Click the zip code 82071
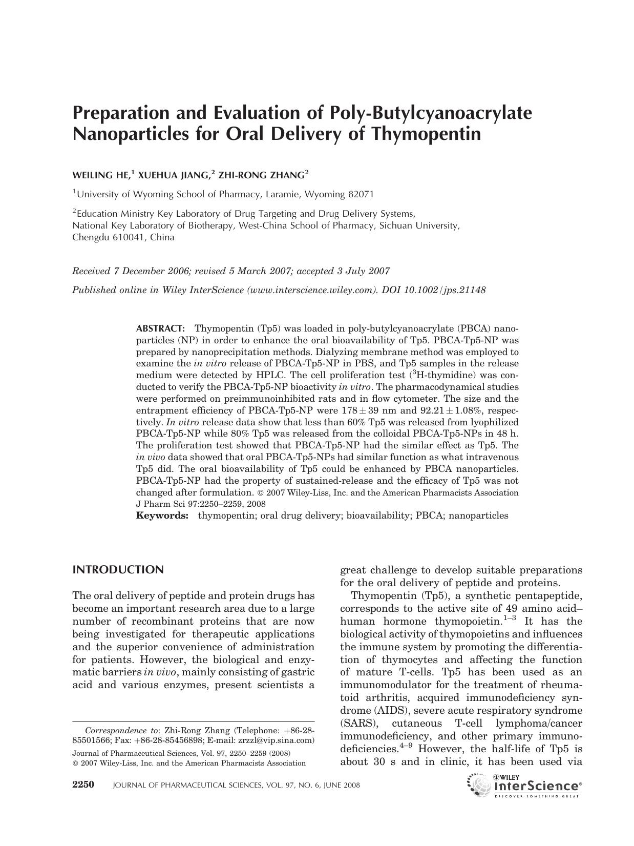click(x=361, y=194)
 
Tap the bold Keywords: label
click(x=162, y=515)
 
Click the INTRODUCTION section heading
click(x=118, y=570)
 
